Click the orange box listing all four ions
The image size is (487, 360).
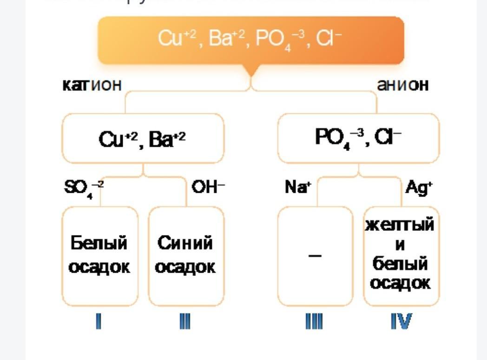[x=251, y=40]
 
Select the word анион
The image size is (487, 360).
[x=402, y=85]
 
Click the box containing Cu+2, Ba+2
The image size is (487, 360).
[x=143, y=138]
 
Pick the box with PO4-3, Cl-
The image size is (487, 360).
[x=358, y=138]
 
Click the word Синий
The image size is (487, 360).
[x=185, y=243]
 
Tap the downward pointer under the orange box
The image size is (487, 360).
[x=251, y=70]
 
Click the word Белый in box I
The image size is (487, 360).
[x=99, y=243]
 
